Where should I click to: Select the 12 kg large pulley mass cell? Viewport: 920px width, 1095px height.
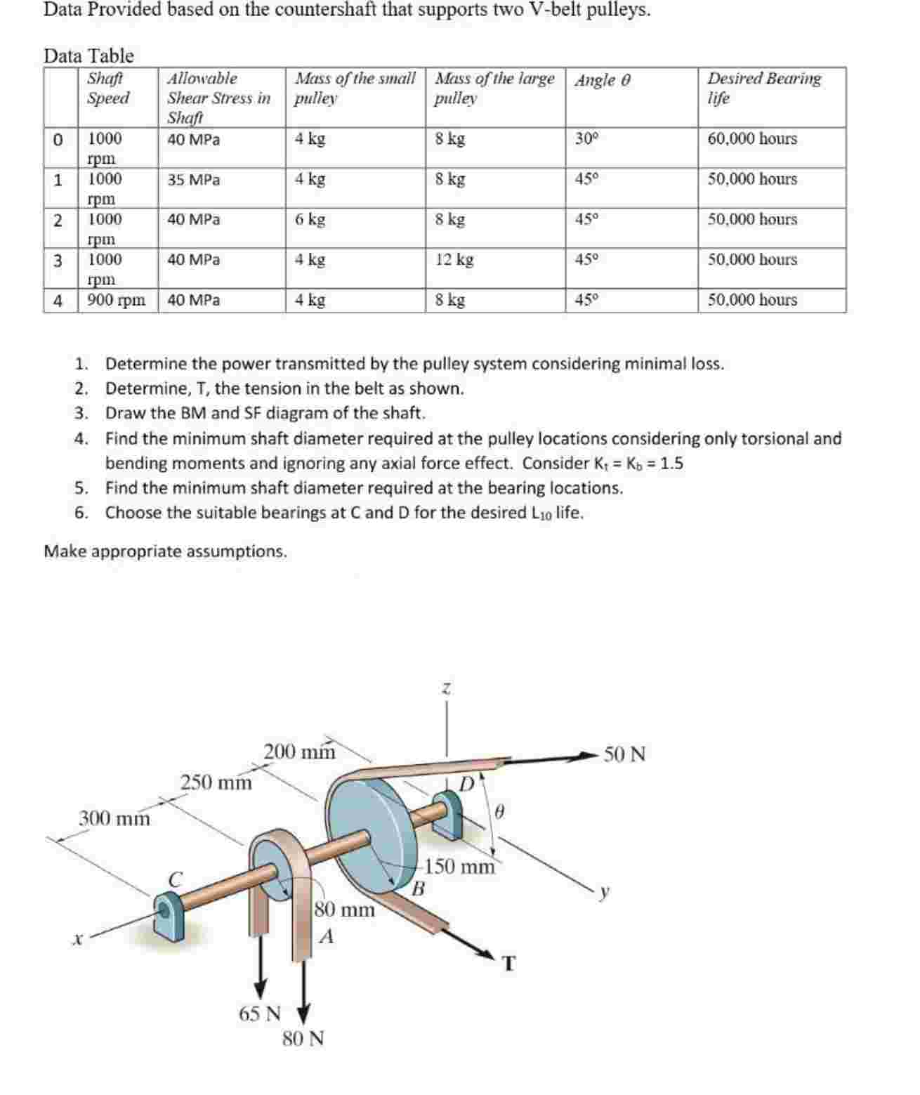tap(454, 260)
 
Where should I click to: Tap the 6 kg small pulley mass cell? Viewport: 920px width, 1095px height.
tap(310, 220)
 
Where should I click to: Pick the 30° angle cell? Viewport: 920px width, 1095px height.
tap(586, 139)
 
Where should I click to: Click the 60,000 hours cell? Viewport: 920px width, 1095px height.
tap(752, 139)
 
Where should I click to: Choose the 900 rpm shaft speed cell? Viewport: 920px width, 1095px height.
tap(117, 301)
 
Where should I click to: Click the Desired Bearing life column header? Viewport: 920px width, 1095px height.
tap(763, 88)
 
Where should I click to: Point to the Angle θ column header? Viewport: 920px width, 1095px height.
tap(603, 80)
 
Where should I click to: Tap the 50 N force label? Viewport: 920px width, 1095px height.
tap(624, 755)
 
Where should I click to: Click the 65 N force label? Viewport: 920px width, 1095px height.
tap(260, 1014)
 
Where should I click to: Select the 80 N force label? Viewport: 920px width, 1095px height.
tap(303, 1038)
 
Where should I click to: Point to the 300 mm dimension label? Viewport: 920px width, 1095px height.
tap(114, 818)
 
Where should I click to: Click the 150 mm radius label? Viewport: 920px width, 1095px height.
tap(460, 866)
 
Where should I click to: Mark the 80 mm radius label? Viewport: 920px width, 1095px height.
tap(344, 910)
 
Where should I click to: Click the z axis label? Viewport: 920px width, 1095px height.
tap(445, 690)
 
